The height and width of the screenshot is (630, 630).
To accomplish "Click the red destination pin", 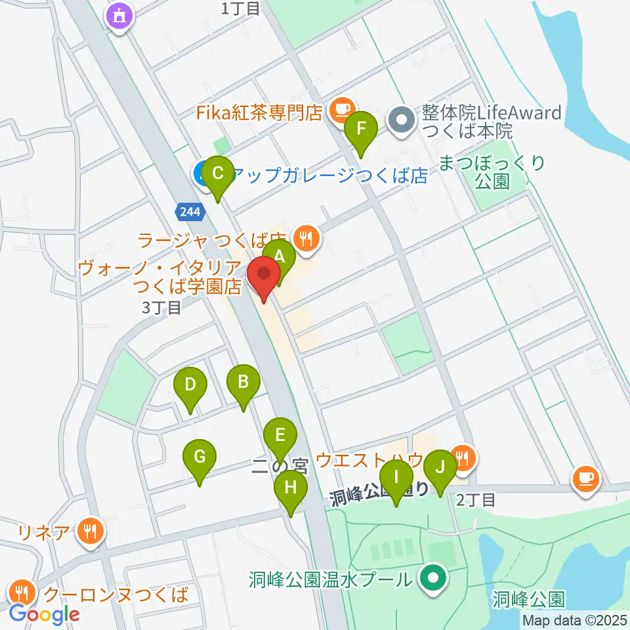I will coord(264,276).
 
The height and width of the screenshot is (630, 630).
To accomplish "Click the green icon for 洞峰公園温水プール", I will coord(432,579).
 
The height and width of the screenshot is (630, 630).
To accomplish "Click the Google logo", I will coord(44,614).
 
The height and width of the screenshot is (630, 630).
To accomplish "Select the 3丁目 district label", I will coord(162,307).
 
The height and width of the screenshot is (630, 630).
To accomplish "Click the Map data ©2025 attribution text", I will coord(575,620).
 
